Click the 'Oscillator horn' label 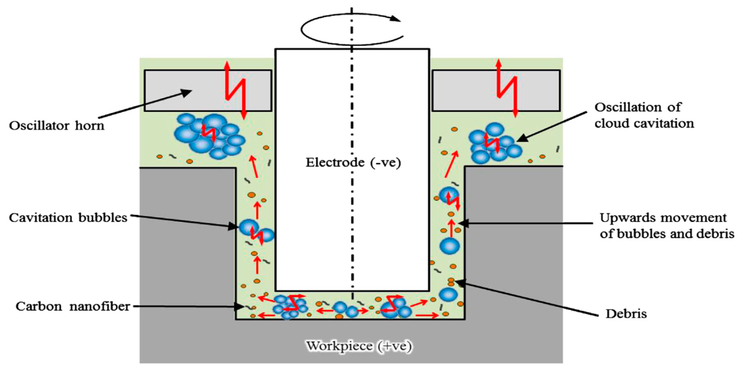pyautogui.click(x=56, y=126)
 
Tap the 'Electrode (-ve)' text pyautogui.click(x=353, y=163)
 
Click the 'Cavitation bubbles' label pyautogui.click(x=68, y=218)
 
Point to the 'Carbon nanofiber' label pyautogui.click(x=73, y=307)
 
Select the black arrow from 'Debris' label pyautogui.click(x=528, y=298)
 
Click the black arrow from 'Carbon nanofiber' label pyautogui.click(x=186, y=307)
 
